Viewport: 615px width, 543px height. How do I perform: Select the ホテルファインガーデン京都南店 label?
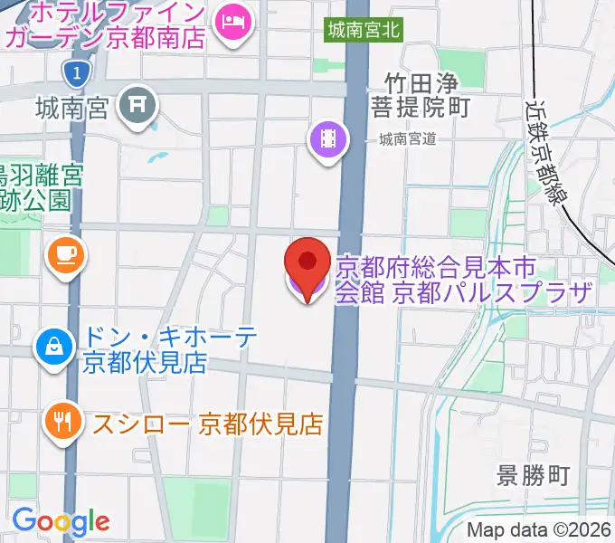click(104, 25)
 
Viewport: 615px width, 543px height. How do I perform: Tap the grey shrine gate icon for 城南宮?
click(139, 106)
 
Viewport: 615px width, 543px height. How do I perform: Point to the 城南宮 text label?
click(73, 109)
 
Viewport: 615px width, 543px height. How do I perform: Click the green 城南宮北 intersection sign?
click(364, 30)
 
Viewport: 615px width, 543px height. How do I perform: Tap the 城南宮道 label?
click(408, 138)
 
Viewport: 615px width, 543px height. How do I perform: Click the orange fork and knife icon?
click(62, 422)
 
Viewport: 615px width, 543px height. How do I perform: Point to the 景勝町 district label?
click(534, 476)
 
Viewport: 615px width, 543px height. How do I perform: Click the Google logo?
click(61, 521)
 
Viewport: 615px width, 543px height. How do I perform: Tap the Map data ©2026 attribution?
click(539, 530)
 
